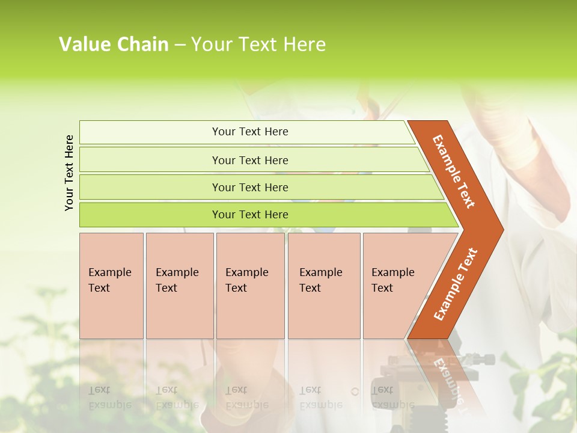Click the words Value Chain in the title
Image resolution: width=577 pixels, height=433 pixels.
tap(114, 45)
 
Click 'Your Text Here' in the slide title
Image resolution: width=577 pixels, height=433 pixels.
tap(258, 45)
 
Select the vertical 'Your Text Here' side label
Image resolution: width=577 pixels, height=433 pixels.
tap(69, 173)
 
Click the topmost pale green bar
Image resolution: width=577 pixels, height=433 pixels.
tap(250, 132)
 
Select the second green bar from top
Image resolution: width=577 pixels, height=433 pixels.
tap(250, 160)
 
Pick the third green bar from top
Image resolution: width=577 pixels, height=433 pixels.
tap(250, 187)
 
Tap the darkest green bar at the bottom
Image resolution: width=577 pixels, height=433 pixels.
tap(250, 215)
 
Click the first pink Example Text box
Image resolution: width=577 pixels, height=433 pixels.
tap(111, 286)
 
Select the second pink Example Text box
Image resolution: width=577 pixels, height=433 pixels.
tap(179, 286)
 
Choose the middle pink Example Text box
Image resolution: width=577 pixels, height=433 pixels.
tap(250, 286)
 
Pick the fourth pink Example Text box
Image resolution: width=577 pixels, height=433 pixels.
tap(323, 286)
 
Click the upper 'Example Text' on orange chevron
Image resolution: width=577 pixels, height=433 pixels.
tap(454, 171)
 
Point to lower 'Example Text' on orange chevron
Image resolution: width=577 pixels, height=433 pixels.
tap(456, 284)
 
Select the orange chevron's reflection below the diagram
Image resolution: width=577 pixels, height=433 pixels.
tap(448, 373)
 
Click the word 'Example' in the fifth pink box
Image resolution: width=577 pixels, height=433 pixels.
tap(393, 272)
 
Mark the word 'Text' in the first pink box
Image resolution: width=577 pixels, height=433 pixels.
tap(99, 288)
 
